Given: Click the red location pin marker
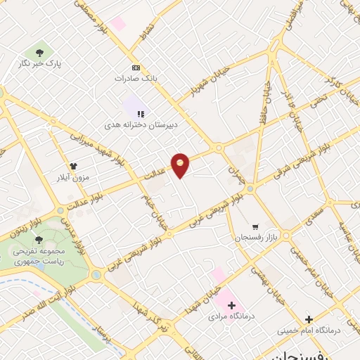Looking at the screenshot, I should pos(181,165).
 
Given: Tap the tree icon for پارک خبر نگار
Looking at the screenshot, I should pos(39,51).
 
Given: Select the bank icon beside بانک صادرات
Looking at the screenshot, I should pos(136,68).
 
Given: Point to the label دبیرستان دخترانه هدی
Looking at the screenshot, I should pos(139,124).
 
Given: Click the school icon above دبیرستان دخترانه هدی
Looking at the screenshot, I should pos(141,112).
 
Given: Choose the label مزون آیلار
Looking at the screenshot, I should pos(72,178).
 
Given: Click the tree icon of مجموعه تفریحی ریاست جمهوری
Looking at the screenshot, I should pos(39,240).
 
